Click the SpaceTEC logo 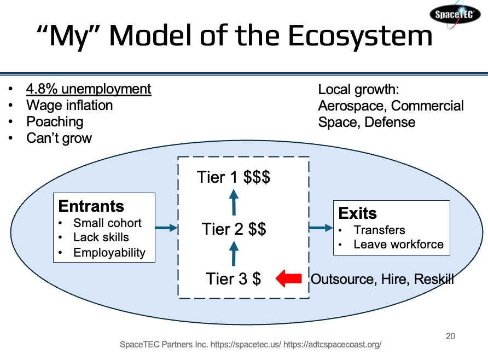pyautogui.click(x=455, y=14)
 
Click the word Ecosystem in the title pyautogui.click(x=361, y=37)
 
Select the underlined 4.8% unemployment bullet pyautogui.click(x=89, y=89)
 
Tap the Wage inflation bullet pyautogui.click(x=69, y=105)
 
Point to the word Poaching pyautogui.click(x=55, y=122)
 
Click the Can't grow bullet pyautogui.click(x=59, y=138)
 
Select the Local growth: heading pyautogui.click(x=358, y=90)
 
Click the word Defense pyautogui.click(x=390, y=123)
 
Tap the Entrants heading pyautogui.click(x=91, y=206)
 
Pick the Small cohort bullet pyautogui.click(x=107, y=223)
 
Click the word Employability pyautogui.click(x=109, y=253)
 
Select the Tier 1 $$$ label pyautogui.click(x=234, y=177)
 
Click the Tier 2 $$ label pyautogui.click(x=234, y=229)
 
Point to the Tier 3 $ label pyautogui.click(x=233, y=278)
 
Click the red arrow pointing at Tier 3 pyautogui.click(x=289, y=278)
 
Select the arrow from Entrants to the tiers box pyautogui.click(x=166, y=228)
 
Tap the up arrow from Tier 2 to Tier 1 pyautogui.click(x=234, y=202)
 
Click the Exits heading pyautogui.click(x=358, y=213)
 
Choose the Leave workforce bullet pyautogui.click(x=398, y=245)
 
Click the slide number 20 pyautogui.click(x=450, y=336)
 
